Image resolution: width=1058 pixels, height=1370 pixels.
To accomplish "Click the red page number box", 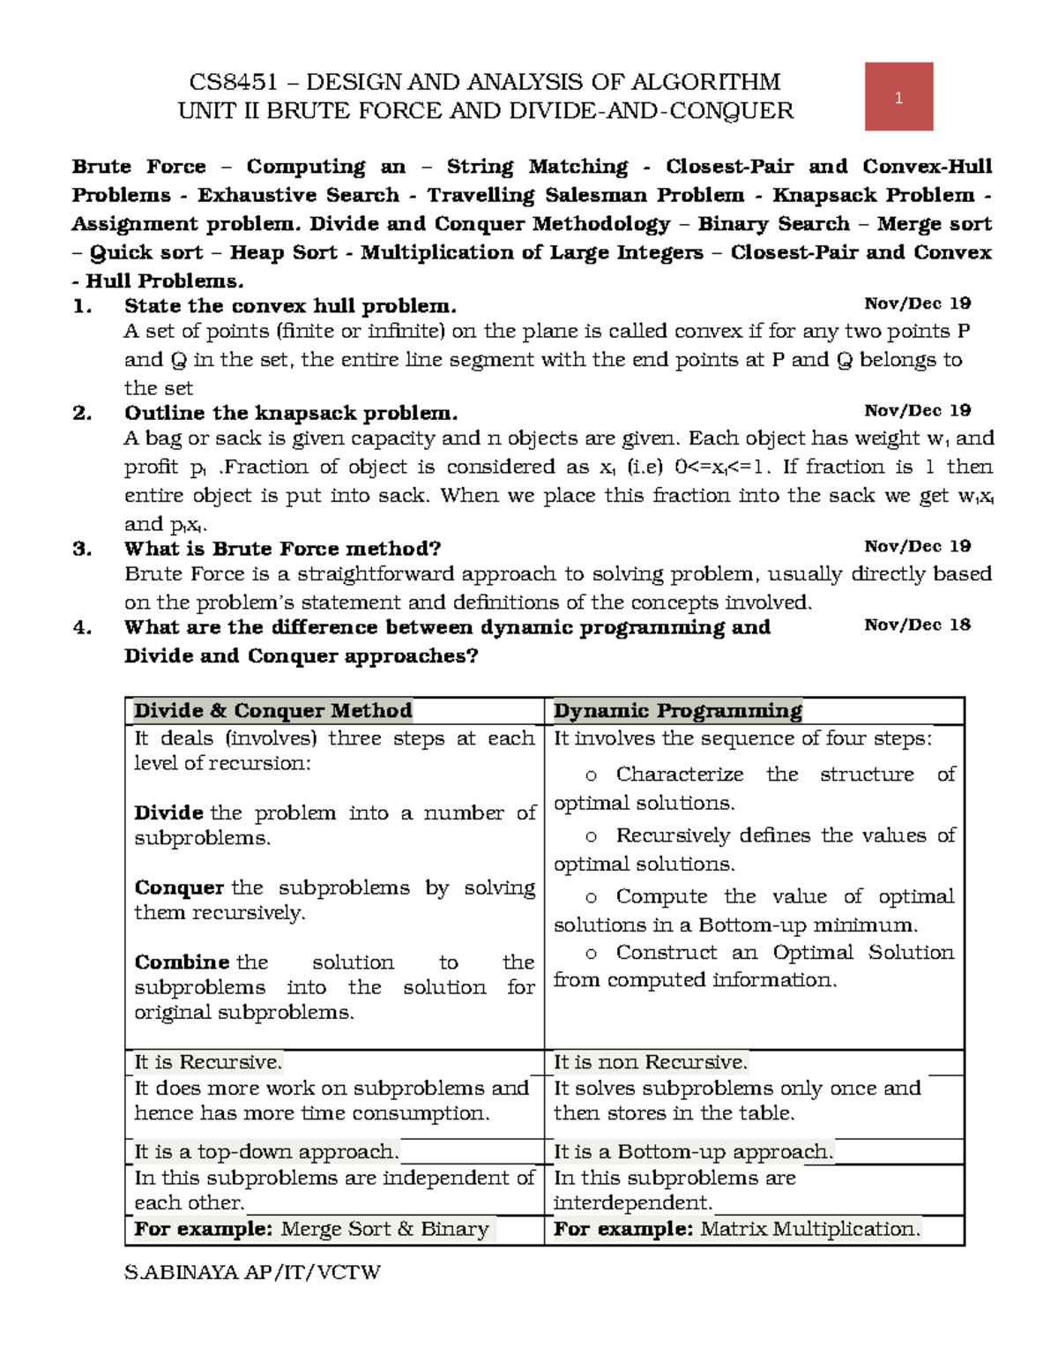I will [898, 97].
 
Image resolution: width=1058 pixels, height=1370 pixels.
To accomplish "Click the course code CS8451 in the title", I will [233, 82].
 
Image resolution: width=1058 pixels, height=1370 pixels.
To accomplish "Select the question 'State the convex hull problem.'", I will [290, 306].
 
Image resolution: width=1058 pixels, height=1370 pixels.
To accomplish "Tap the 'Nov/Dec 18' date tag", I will [917, 625].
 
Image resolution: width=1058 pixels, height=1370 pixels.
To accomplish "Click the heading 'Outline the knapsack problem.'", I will [291, 413].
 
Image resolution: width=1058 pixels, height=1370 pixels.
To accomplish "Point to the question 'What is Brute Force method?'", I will [282, 549].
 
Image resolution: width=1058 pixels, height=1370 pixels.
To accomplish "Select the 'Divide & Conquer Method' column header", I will [272, 711].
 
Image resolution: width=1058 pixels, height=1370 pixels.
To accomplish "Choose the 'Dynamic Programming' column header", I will [677, 711].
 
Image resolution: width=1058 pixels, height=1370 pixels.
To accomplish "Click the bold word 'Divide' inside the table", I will [168, 812].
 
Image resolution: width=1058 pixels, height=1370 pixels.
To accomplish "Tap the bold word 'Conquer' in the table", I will [179, 887].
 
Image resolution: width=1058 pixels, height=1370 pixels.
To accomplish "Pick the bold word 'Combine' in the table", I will [182, 962].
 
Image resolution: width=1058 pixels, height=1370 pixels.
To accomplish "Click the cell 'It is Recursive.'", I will [208, 1062].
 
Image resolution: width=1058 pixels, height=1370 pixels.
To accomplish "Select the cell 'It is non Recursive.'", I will [650, 1062].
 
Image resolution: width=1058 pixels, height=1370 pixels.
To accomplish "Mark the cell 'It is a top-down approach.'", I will [266, 1151].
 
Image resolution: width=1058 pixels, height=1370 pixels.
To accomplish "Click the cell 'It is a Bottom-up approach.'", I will [693, 1151].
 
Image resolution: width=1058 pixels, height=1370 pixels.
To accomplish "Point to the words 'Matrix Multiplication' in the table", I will [809, 1229].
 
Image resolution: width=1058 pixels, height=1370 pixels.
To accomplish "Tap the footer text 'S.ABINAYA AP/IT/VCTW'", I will [252, 1272].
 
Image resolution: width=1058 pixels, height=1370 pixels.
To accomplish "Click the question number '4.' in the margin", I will [82, 627].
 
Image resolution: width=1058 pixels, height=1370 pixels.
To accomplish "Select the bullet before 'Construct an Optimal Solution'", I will [591, 954].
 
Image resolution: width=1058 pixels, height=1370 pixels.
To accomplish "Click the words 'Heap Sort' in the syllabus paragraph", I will [283, 252].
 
